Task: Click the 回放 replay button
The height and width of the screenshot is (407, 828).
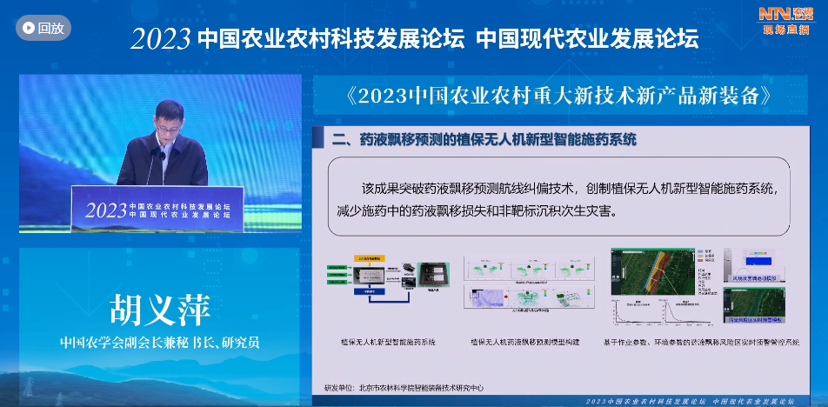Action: coord(43,28)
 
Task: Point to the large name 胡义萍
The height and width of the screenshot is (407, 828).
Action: coord(160,310)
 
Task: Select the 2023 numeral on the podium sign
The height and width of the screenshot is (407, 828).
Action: coord(103,210)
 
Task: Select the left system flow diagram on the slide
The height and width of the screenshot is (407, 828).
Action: coord(384,284)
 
